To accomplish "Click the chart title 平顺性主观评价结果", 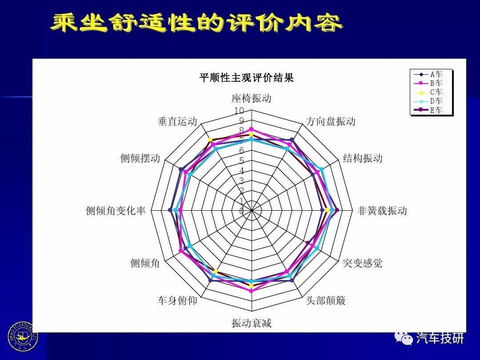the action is click(x=246, y=77).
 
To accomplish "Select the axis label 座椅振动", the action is click(x=251, y=98).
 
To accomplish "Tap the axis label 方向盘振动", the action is click(x=331, y=121).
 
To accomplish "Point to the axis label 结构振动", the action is click(x=363, y=158).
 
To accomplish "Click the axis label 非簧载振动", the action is click(x=382, y=211).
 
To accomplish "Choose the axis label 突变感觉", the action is click(x=363, y=263).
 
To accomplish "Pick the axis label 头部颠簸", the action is click(x=326, y=300).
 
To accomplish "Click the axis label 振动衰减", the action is click(x=252, y=323).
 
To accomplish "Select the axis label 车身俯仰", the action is click(x=177, y=300).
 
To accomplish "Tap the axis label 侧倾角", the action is click(x=145, y=263).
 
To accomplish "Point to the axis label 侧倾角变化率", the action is click(x=116, y=211).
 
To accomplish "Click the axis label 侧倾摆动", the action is click(x=140, y=158).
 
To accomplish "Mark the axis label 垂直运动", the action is click(x=177, y=121).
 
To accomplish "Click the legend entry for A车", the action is click(x=428, y=74).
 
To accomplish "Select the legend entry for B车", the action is click(x=428, y=83).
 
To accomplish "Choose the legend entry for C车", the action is click(x=428, y=92).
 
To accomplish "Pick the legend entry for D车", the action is click(x=428, y=101).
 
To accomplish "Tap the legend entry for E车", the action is click(x=428, y=110).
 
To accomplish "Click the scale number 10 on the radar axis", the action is click(x=239, y=111).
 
